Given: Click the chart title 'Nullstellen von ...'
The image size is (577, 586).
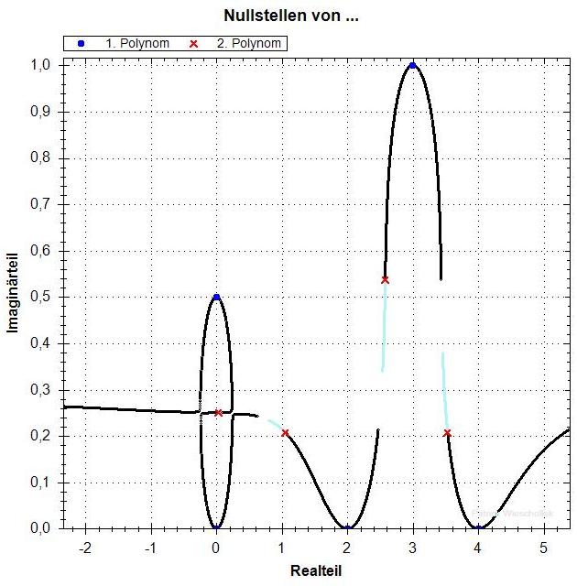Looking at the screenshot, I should coord(283,16).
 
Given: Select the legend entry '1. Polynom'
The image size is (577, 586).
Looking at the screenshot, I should coord(129,43).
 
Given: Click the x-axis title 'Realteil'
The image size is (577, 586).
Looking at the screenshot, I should coord(315,570).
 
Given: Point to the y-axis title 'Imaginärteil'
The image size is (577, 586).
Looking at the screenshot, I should coord(14,294).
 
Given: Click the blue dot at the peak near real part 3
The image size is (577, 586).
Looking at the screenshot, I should coord(413,66).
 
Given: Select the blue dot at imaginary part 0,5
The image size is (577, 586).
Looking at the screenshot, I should coord(216,297).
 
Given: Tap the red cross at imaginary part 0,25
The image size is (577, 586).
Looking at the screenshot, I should coord(219,413).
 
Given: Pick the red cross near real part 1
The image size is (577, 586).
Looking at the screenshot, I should coord(285,433).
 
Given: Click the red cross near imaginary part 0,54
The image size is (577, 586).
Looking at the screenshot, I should coord(385,279).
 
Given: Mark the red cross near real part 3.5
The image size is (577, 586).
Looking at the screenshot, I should coord(447,433).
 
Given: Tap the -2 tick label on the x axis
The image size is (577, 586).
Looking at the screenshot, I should coord(85,547).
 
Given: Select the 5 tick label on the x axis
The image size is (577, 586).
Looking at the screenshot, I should coord(544,547).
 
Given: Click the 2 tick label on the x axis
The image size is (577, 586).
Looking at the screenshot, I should coord(347,547).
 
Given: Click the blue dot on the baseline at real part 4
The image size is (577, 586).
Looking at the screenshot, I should coord(479,528).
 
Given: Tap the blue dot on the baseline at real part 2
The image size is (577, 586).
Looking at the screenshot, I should coord(348,528).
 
